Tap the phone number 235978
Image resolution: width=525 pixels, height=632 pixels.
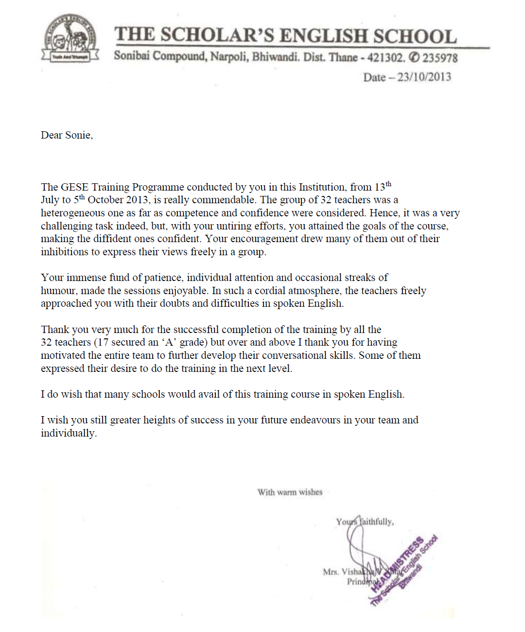coord(439,58)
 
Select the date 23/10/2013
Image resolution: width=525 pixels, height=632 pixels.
coord(424,77)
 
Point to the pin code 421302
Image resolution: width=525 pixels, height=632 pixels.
coord(385,58)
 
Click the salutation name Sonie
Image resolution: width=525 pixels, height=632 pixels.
coord(78,135)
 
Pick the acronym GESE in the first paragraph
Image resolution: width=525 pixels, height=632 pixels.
coord(75,187)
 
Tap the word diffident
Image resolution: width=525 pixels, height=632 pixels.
coord(123,239)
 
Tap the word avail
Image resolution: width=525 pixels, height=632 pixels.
coord(209,394)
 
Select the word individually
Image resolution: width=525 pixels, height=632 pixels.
coord(68,433)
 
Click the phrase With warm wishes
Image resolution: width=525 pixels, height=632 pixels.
coord(290,492)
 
